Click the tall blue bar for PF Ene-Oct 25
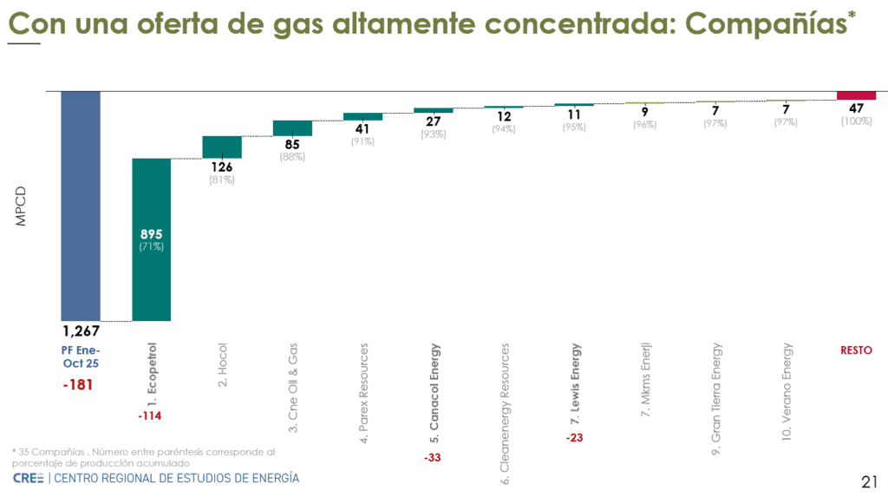pos(81,206)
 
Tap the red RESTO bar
pos(856,95)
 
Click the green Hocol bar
pos(222,147)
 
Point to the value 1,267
pos(81,330)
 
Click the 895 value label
pos(151,234)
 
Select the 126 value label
pos(222,167)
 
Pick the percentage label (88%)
pos(292,156)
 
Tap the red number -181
pos(79,384)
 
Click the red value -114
pos(150,416)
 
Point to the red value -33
pos(434,457)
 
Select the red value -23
pos(574,438)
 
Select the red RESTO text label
pos(856,350)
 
